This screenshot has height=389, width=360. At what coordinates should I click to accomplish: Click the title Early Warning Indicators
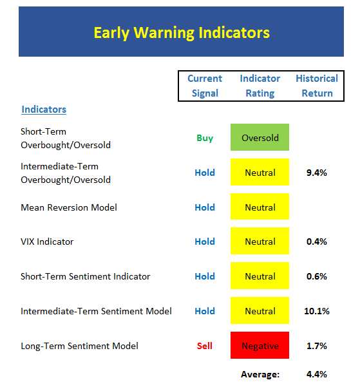point(182,33)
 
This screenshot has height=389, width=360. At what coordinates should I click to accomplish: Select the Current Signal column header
point(205,86)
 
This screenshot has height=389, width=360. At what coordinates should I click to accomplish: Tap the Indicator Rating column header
point(260,86)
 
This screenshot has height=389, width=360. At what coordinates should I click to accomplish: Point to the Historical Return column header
point(317,86)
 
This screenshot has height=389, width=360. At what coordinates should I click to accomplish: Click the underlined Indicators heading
point(44,109)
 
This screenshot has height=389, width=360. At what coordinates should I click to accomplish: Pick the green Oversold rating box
point(260,137)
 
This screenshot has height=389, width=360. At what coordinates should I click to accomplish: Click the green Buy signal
point(205,138)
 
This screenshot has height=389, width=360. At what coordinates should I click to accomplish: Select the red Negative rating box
point(260,345)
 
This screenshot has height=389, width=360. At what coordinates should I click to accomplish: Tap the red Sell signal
point(205,346)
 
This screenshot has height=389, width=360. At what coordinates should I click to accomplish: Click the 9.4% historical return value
point(317,173)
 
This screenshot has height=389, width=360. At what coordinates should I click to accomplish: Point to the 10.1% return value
point(317,311)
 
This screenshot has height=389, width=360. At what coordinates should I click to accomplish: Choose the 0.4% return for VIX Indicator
point(317,242)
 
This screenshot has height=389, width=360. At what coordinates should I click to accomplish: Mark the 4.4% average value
point(317,374)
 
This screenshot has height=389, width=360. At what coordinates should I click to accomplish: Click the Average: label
point(260,374)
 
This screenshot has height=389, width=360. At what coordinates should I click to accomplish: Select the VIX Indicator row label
point(47,242)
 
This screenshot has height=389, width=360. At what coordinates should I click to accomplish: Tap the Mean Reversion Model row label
point(69,207)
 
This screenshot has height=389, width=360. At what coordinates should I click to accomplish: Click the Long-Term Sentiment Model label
point(79,346)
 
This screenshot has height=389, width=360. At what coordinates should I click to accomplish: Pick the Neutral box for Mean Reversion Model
point(260,206)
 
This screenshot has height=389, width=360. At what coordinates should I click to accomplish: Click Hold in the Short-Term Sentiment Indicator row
point(205,276)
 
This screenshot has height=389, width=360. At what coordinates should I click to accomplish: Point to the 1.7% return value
point(317,346)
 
